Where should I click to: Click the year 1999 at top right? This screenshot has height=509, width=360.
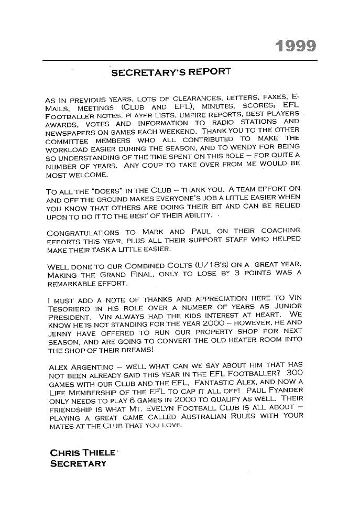[x=296, y=46]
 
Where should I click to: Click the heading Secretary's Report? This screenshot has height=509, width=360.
[x=171, y=72]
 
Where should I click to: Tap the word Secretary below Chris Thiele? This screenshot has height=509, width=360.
[x=78, y=463]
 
